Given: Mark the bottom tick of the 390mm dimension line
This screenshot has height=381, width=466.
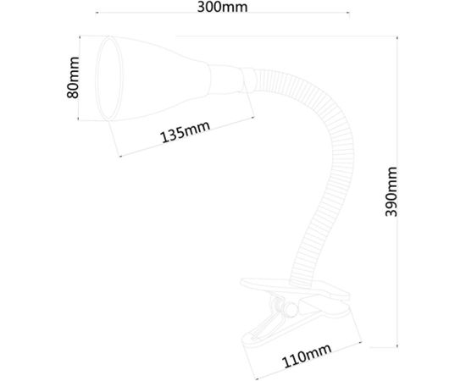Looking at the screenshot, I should [399, 345].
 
